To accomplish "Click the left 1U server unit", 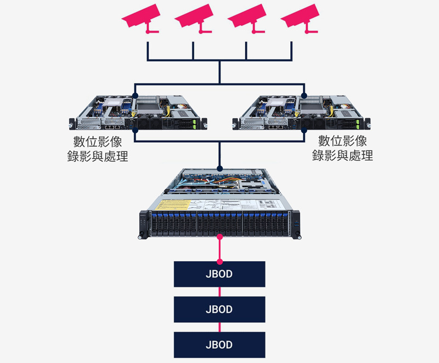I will (137, 112).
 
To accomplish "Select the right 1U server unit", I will (302, 112).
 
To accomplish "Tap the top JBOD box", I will (219, 274).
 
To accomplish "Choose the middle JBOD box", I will (219, 309).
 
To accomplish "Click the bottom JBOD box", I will (219, 345).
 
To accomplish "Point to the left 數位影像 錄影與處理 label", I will (97, 149).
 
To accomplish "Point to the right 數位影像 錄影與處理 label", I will (342, 148).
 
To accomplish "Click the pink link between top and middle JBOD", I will (219, 292).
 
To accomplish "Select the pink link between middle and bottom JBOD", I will (219, 327).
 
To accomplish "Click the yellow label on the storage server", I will (173, 205).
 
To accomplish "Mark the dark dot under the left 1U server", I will (136, 131).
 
